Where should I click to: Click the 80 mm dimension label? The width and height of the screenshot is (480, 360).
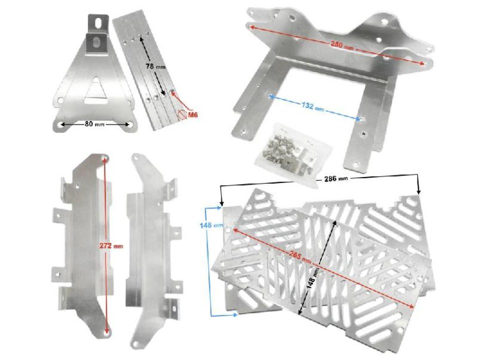[x=93, y=124]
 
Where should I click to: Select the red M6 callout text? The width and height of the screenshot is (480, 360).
[x=192, y=115]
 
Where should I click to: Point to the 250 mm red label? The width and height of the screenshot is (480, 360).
[x=342, y=45]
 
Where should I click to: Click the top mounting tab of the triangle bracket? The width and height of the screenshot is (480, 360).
[x=97, y=22]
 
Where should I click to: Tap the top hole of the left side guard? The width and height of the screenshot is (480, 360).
[x=105, y=158]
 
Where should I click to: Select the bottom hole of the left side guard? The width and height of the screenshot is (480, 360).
[x=105, y=331]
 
